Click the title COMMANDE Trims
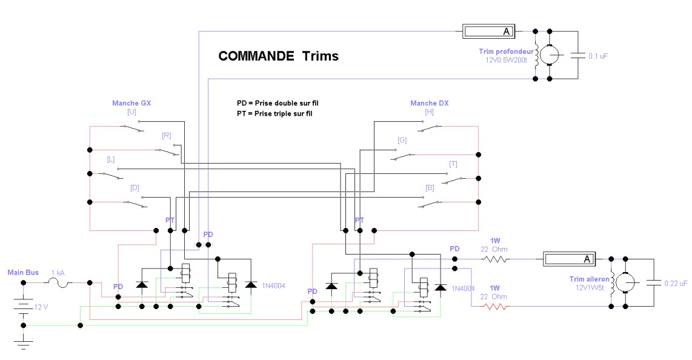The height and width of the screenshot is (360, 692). point(279,56)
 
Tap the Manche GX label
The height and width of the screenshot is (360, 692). point(131,103)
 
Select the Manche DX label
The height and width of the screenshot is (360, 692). point(430,103)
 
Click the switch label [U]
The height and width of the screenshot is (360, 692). point(131,112)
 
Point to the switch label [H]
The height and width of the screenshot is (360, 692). point(430,112)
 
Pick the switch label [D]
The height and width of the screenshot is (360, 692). point(135,187)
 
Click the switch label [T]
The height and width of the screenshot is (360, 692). point(453,164)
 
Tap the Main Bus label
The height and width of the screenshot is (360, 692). point(23,273)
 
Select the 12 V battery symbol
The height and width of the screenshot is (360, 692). point(24,307)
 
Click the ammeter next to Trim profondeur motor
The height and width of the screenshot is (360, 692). point(488,32)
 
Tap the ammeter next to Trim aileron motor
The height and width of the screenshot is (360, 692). point(569,259)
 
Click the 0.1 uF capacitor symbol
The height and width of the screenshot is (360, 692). point(577,56)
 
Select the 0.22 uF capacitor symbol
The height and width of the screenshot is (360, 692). point(654,283)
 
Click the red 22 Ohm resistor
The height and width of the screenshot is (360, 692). point(495,306)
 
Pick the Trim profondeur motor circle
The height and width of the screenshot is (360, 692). point(550,55)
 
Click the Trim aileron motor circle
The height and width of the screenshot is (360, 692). point(625,282)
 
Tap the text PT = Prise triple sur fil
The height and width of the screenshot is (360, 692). point(274,114)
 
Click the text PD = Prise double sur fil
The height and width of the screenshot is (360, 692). point(278,103)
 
